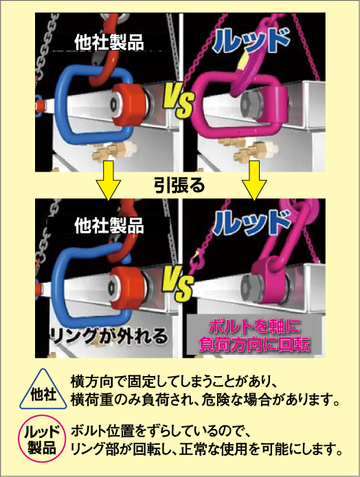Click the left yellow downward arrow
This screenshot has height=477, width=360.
(109, 180)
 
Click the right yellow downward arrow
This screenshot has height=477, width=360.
(254, 180)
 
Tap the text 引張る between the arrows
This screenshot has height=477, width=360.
(179, 185)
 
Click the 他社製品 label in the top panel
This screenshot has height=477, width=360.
(109, 43)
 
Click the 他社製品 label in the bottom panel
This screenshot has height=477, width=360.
(109, 226)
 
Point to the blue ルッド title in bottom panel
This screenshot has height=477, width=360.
(251, 222)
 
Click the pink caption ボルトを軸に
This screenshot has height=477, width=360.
(254, 327)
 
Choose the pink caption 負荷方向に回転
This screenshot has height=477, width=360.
(254, 344)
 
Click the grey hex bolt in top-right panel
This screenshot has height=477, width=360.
(251, 105)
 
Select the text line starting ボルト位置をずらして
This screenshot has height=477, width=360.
(161, 432)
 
